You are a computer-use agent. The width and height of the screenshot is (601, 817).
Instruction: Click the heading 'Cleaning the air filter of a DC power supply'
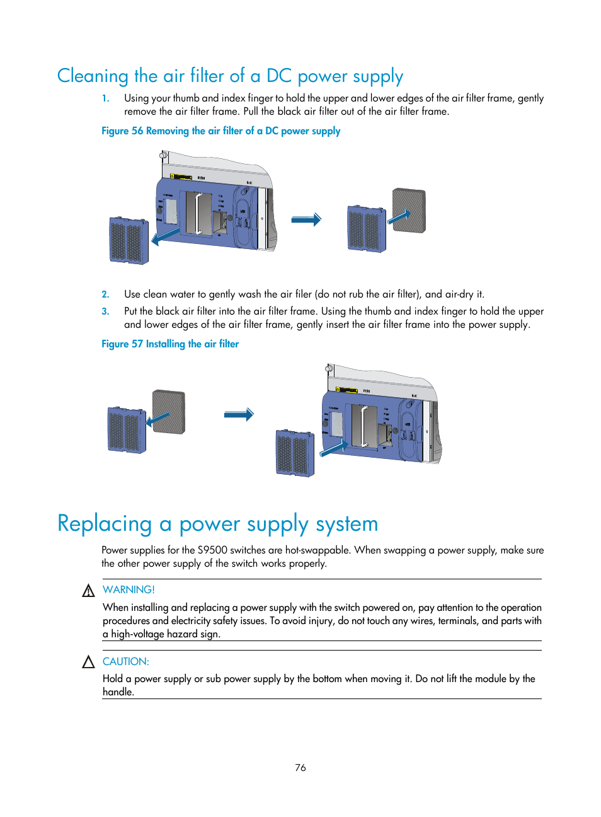[230, 76]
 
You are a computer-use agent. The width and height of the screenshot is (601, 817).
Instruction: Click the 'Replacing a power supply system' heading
[217, 524]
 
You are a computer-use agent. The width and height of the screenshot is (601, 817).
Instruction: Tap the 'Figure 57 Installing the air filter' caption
[170, 344]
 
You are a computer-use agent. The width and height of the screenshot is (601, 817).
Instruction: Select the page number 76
[300, 767]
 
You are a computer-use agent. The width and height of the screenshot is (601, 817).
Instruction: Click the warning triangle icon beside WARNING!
[88, 591]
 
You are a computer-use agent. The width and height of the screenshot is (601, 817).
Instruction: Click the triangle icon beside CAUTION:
[88, 662]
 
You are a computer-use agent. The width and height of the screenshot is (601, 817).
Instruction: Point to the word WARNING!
[129, 589]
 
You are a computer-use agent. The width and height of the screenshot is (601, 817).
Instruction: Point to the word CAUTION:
[126, 661]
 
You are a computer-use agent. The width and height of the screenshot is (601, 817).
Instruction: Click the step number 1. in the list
[106, 98]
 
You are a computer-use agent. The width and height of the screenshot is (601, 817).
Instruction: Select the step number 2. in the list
[106, 294]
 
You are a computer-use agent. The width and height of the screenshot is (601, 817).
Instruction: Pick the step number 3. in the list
[106, 311]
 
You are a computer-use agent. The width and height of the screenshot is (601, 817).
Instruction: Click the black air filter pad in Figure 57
[169, 412]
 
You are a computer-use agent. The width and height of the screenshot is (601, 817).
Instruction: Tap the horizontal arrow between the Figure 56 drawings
[306, 219]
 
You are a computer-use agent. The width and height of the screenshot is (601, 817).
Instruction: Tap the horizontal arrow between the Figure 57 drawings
[239, 414]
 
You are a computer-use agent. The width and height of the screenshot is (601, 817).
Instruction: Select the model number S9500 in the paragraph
[212, 550]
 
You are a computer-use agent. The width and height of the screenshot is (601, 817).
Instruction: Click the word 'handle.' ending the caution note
[118, 692]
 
